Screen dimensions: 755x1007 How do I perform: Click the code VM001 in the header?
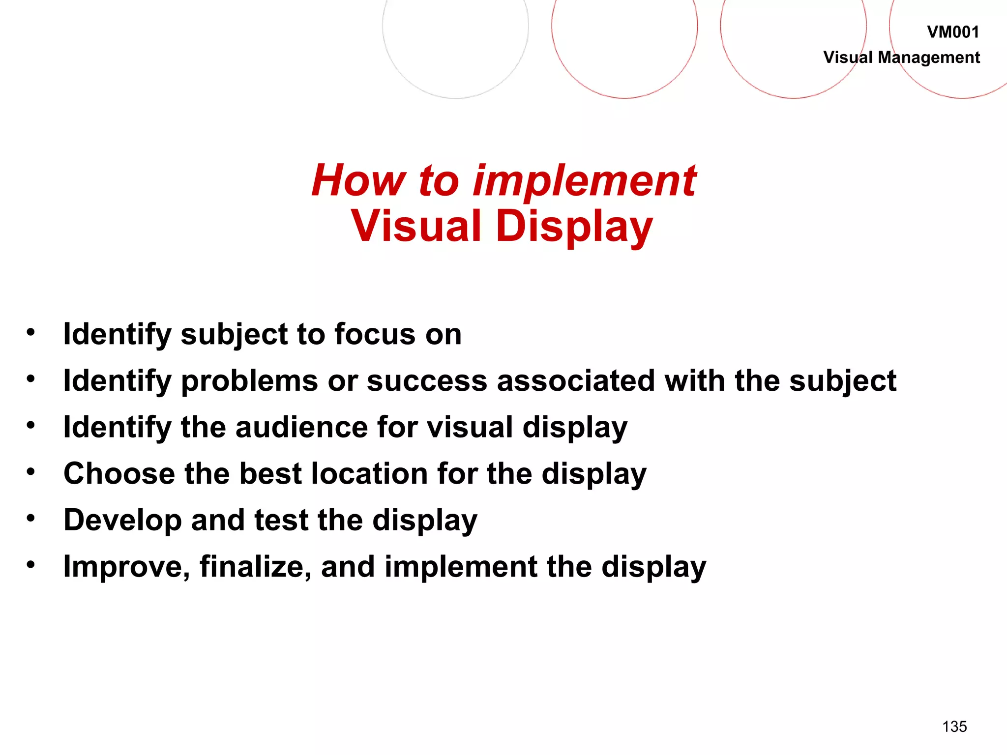tap(953, 32)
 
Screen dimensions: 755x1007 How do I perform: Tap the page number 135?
tap(954, 726)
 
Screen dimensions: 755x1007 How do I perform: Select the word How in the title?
tap(359, 180)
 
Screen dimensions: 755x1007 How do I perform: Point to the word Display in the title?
tap(574, 227)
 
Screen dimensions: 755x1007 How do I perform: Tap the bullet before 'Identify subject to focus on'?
tap(31, 332)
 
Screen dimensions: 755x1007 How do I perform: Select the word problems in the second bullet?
tap(249, 381)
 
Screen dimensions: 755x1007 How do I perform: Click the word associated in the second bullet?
tap(576, 381)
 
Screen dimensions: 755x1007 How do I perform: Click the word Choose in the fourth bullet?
tap(119, 473)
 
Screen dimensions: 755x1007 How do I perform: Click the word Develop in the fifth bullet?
tap(122, 521)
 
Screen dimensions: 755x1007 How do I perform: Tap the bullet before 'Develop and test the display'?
tap(31, 518)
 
